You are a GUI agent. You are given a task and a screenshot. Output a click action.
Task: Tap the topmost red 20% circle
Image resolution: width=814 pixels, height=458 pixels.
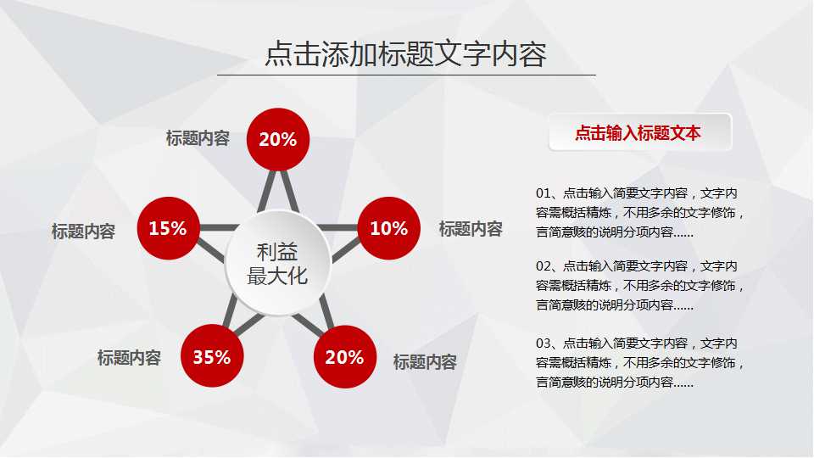point(277,139)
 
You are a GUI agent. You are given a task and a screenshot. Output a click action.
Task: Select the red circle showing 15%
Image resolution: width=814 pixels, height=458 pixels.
point(167,228)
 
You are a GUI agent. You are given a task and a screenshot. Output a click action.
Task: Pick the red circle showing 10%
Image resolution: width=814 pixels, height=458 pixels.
point(389,228)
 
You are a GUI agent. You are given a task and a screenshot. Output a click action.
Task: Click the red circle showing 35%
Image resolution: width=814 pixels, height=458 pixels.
point(211,357)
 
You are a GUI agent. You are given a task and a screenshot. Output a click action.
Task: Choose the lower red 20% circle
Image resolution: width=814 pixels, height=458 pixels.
point(344,357)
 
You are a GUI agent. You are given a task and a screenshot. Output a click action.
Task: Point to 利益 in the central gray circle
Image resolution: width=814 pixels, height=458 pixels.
point(277,252)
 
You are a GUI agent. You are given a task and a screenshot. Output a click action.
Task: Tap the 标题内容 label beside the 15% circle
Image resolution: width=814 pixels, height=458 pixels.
point(83,232)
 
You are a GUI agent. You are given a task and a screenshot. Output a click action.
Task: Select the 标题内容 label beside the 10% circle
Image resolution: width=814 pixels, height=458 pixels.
point(471,229)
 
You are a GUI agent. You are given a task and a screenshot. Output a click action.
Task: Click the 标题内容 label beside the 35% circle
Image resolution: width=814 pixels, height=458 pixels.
point(129,359)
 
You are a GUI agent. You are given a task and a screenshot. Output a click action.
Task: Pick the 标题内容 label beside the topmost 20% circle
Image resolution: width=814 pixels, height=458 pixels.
point(198,138)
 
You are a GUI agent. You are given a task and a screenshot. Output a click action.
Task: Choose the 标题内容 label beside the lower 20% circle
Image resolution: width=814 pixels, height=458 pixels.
point(425,362)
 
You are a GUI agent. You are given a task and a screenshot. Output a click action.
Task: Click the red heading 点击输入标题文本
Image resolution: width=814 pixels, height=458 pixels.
point(638,133)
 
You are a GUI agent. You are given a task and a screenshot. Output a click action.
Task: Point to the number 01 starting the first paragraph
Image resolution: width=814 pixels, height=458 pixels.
point(544,193)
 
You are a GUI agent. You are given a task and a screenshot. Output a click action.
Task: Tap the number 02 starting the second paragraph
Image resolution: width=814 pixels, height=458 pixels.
point(544,266)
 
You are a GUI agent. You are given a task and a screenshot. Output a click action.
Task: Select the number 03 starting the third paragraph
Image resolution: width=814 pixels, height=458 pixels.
point(544,344)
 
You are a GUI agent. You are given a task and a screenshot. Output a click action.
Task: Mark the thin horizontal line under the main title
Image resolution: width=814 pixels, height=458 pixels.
point(406,75)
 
